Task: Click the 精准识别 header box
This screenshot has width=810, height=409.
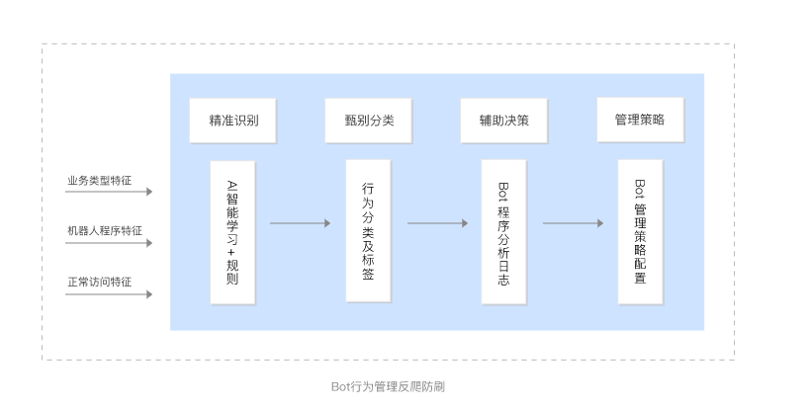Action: point(233,121)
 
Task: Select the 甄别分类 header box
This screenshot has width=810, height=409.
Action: point(368,121)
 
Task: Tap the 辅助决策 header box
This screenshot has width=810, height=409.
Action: point(504,121)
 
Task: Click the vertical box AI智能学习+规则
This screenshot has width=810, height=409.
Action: point(232,232)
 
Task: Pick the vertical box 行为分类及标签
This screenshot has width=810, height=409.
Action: point(368,230)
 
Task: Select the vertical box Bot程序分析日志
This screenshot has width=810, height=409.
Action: point(503,230)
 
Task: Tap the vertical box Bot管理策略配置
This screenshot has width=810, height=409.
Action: point(640,230)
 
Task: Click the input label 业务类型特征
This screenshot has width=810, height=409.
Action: point(99,181)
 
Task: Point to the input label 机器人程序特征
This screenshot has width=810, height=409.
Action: point(104,230)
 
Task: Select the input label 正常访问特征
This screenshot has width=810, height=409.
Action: point(99,281)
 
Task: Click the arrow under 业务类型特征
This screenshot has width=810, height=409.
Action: point(109,195)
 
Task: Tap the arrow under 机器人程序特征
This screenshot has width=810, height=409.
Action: point(109,244)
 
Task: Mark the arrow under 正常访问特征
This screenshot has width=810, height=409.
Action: point(109,294)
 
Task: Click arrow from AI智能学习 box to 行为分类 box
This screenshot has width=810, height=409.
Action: point(300,223)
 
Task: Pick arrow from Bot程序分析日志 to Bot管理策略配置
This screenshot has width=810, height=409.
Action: point(573,223)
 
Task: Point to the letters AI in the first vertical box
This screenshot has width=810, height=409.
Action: point(232,184)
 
